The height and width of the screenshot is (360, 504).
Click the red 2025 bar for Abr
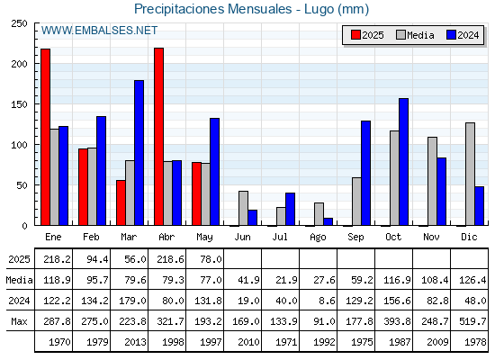(x=158, y=137)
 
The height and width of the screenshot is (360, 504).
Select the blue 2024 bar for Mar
(x=139, y=153)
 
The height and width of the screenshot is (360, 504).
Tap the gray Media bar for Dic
(x=470, y=174)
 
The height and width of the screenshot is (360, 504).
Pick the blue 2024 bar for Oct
(x=404, y=162)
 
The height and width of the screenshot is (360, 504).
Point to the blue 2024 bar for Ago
(x=328, y=221)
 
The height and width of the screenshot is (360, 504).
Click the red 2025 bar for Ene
(x=45, y=137)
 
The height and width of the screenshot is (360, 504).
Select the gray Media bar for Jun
(x=243, y=208)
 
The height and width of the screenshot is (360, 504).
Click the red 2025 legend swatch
(x=355, y=35)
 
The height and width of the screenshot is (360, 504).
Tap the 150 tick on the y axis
(x=19, y=104)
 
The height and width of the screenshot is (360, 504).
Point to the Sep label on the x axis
(x=355, y=237)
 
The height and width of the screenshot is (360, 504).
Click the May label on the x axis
(x=204, y=237)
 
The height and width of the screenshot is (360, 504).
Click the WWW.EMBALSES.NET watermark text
(x=99, y=31)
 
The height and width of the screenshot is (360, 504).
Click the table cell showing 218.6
(x=170, y=259)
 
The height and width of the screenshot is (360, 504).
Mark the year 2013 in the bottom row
(x=135, y=342)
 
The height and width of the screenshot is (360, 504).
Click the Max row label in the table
(x=19, y=321)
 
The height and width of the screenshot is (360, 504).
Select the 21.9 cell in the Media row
(x=286, y=280)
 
